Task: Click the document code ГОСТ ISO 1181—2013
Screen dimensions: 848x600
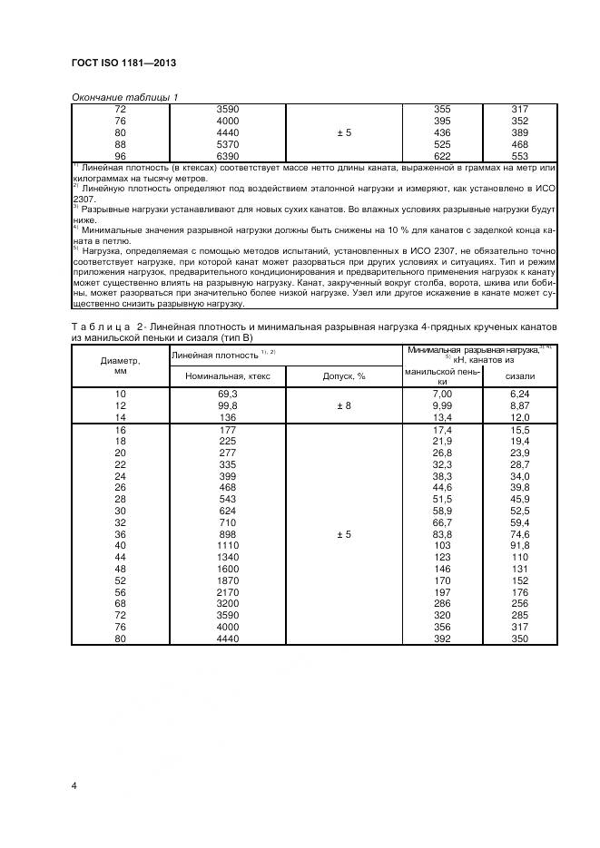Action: click(x=123, y=63)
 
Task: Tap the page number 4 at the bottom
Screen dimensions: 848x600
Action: click(x=74, y=785)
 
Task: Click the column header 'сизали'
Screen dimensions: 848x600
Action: click(x=520, y=375)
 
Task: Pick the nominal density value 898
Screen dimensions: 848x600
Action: click(x=228, y=535)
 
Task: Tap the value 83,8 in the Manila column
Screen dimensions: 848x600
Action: click(x=442, y=535)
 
